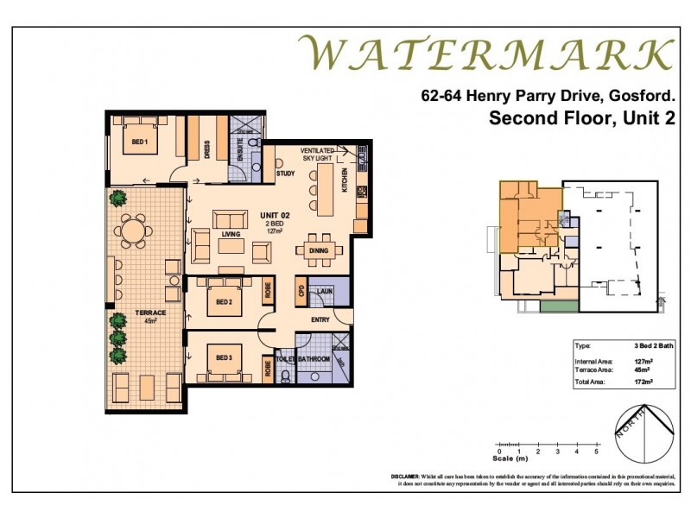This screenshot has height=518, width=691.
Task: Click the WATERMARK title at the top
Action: coord(486,54)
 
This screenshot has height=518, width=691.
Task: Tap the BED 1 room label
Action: coord(141,142)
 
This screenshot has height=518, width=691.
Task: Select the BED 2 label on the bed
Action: coord(224,302)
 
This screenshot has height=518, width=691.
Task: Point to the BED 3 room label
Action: coord(224,357)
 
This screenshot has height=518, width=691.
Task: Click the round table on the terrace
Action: coord(131,232)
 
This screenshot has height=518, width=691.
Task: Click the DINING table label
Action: coord(318,251)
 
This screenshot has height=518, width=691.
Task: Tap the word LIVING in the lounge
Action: coord(230,232)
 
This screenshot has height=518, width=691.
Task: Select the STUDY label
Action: coord(285,174)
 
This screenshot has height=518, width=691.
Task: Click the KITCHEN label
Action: coord(345,180)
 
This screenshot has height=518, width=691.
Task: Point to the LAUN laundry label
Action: coord(325,292)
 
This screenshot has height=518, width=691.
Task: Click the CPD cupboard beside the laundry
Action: coord(301,291)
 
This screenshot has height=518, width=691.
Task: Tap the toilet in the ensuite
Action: coord(254,142)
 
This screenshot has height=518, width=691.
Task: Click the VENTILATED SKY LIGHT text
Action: coord(318,155)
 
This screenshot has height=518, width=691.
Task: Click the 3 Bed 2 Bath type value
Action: coord(637,345)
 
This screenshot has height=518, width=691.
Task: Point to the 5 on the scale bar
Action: coord(596,452)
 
